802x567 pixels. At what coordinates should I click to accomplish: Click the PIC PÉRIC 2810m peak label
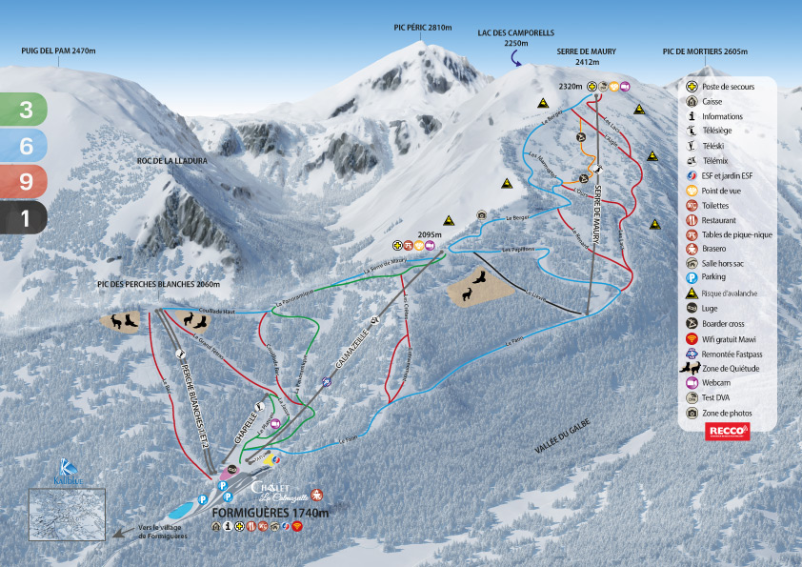[x=422, y=29]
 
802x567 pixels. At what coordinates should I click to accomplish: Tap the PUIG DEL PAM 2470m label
[x=59, y=51]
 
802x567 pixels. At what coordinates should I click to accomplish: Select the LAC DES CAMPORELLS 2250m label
[x=515, y=37]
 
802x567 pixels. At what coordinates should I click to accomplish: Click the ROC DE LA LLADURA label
[x=171, y=161]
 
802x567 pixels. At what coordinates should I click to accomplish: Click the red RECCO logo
[x=729, y=432]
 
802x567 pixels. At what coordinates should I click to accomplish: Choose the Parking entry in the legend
[x=713, y=276]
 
